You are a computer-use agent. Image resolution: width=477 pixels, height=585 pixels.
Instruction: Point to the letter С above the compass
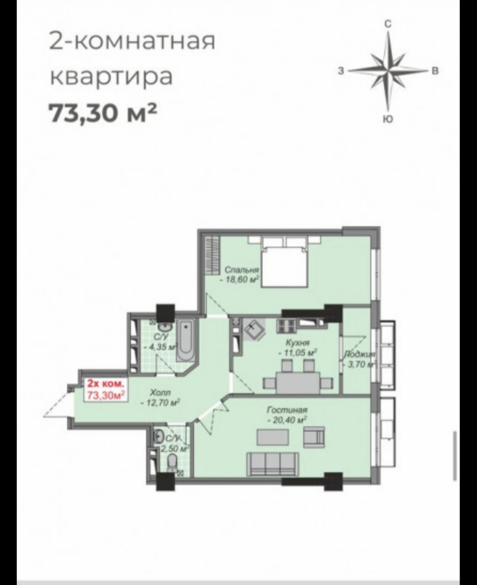tap(388, 24)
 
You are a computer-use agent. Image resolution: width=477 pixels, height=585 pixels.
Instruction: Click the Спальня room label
tap(242, 270)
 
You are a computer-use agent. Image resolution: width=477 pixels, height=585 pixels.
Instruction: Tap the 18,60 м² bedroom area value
tap(240, 279)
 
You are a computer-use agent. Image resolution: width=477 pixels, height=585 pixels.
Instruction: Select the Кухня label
tap(298, 343)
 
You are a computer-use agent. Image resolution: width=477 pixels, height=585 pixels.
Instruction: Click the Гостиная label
tap(287, 409)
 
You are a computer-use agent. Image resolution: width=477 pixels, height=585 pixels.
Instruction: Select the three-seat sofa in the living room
tap(273, 464)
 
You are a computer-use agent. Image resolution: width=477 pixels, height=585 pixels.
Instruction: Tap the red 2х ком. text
tap(106, 384)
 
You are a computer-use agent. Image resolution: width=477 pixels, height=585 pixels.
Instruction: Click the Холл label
tap(160, 392)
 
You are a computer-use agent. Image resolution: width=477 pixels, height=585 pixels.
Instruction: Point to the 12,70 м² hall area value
tap(160, 402)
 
